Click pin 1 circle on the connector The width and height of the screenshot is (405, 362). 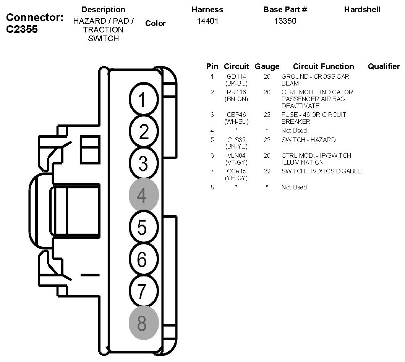(x=144, y=99)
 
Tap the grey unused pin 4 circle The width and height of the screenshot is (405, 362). (x=144, y=194)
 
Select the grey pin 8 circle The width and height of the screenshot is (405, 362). (x=144, y=323)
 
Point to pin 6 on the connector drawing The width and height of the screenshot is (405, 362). (x=144, y=259)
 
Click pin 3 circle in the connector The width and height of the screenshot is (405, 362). (x=144, y=163)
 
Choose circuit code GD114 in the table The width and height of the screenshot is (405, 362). (x=237, y=76)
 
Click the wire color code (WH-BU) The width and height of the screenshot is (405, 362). (x=237, y=121)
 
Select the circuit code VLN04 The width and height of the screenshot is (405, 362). (x=237, y=155)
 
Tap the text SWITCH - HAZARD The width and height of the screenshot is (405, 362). (x=308, y=140)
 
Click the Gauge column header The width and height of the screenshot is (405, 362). (x=267, y=66)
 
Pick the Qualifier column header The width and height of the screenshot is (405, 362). (x=384, y=66)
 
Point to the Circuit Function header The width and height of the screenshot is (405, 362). (x=323, y=66)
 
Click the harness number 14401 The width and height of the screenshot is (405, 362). (x=208, y=21)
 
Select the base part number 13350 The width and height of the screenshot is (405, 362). (x=285, y=21)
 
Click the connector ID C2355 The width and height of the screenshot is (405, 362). (x=22, y=29)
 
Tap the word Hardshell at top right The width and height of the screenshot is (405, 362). (x=362, y=10)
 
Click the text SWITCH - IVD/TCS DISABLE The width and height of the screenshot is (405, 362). (x=321, y=171)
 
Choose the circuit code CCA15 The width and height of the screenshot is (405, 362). (x=237, y=171)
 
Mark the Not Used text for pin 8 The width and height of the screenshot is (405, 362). (x=294, y=187)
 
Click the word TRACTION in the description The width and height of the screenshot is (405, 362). (x=103, y=30)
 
